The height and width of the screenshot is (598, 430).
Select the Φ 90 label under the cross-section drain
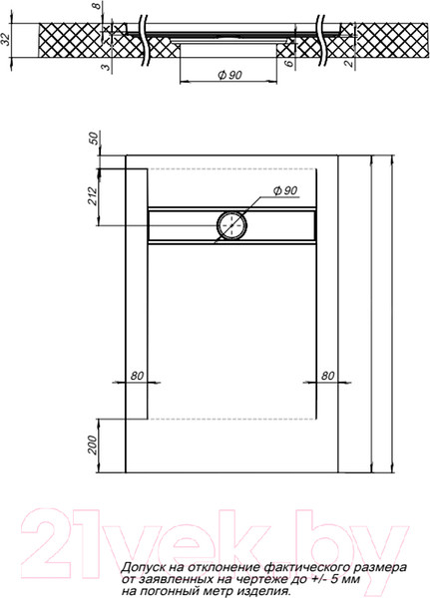click(x=229, y=75)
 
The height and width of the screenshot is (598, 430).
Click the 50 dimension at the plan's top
click(x=95, y=140)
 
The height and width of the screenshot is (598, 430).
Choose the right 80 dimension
click(x=325, y=376)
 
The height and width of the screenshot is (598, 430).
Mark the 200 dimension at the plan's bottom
click(x=94, y=447)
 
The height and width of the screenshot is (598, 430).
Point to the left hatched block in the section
click(x=70, y=41)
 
